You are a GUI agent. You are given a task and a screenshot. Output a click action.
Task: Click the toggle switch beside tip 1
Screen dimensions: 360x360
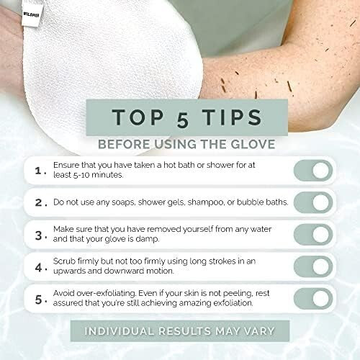[312, 171]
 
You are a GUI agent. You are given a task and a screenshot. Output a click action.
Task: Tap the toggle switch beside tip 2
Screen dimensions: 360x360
[312, 202]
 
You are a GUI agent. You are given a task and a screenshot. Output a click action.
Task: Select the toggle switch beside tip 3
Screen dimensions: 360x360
[312, 235]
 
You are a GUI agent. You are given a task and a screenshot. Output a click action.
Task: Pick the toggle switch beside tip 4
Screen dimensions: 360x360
[312, 266]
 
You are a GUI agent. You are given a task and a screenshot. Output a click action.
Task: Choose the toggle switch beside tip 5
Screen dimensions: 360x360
[312, 298]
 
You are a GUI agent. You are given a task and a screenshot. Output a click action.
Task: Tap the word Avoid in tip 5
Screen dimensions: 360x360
[64, 293]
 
